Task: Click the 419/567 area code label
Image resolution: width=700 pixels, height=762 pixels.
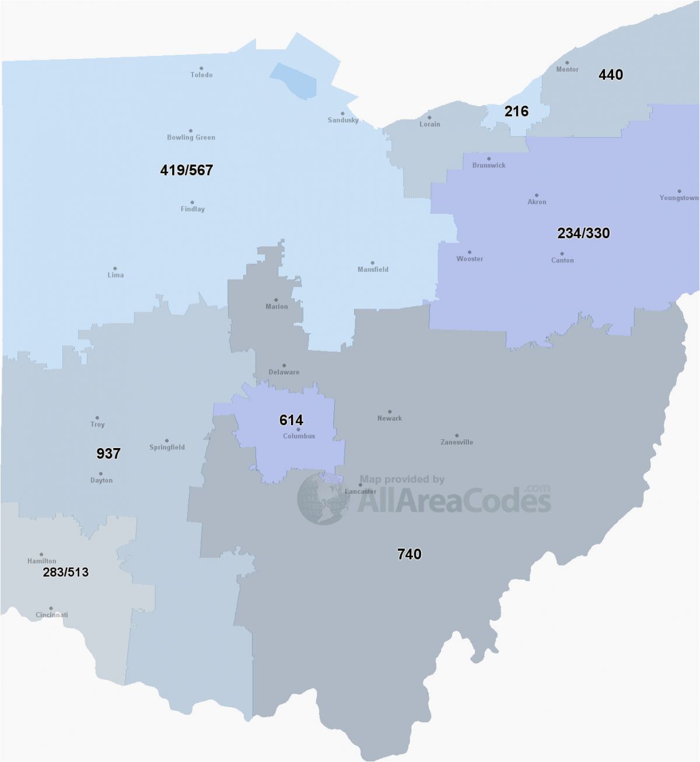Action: point(187,170)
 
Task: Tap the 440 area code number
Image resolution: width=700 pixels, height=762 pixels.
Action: point(611,75)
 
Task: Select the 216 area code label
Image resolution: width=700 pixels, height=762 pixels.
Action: point(516,111)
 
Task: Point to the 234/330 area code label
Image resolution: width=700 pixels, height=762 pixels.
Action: point(583,233)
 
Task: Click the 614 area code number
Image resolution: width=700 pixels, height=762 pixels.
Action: point(291,420)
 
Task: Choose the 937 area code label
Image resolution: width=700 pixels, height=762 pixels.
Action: point(108,453)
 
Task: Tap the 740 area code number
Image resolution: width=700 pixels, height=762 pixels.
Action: point(409,554)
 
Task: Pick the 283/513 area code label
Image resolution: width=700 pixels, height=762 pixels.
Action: point(65,572)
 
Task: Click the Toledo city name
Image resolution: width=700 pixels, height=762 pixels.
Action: point(201,75)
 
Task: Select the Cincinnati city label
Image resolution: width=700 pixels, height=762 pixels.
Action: point(52,615)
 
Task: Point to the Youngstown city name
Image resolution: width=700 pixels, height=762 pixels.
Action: point(679,198)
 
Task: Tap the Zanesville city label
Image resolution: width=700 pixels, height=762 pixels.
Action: point(457,442)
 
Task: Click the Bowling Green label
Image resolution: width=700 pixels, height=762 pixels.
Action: point(191,138)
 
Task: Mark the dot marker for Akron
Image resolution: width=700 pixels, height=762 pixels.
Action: point(537,195)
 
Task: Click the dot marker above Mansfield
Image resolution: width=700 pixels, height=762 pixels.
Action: point(373,263)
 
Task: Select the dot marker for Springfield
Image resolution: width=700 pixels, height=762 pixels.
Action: point(166,441)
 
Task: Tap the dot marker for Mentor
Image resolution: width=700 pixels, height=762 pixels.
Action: point(567,62)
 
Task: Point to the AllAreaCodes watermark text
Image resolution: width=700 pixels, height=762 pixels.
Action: point(454,501)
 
